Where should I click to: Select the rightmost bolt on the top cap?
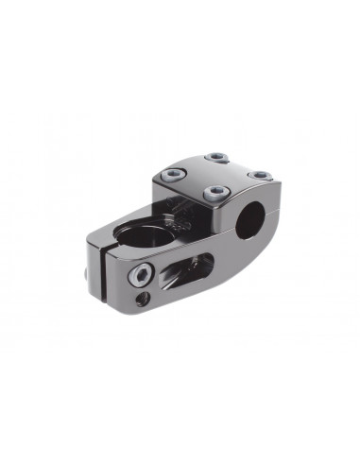[260, 175]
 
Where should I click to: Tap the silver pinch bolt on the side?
[142, 275]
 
